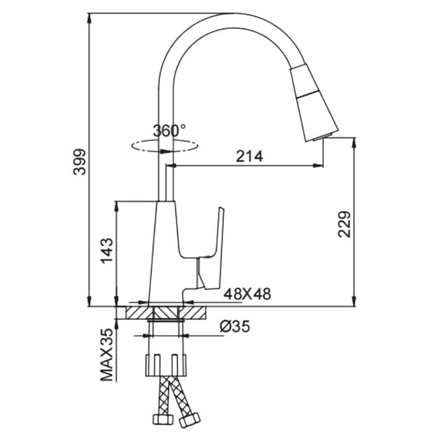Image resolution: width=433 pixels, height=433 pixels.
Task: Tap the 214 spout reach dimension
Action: pos(249,156)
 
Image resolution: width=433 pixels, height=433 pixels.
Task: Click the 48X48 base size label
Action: pos(247,294)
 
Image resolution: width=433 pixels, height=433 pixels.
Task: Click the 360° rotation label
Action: pos(168,131)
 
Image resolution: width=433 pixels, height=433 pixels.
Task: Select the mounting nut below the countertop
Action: pos(165,364)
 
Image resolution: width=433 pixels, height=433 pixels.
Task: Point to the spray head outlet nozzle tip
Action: pos(325,135)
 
